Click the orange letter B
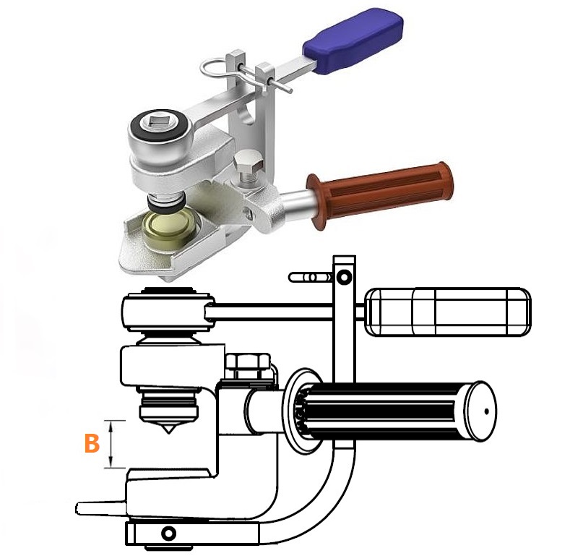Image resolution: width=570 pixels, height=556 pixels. point(92,443)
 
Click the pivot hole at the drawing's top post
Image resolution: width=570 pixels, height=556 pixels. point(344,278)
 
